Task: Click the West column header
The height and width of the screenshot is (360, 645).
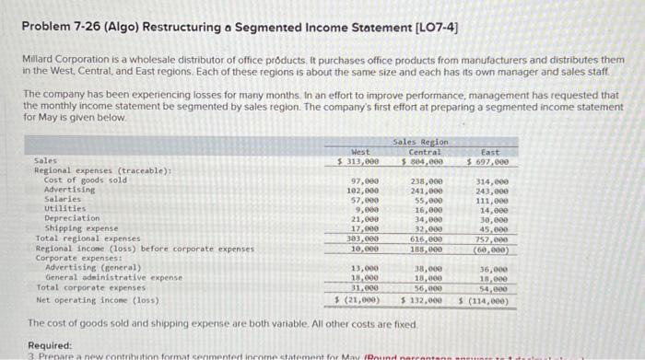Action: click(360, 151)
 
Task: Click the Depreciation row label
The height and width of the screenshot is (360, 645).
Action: click(73, 218)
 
